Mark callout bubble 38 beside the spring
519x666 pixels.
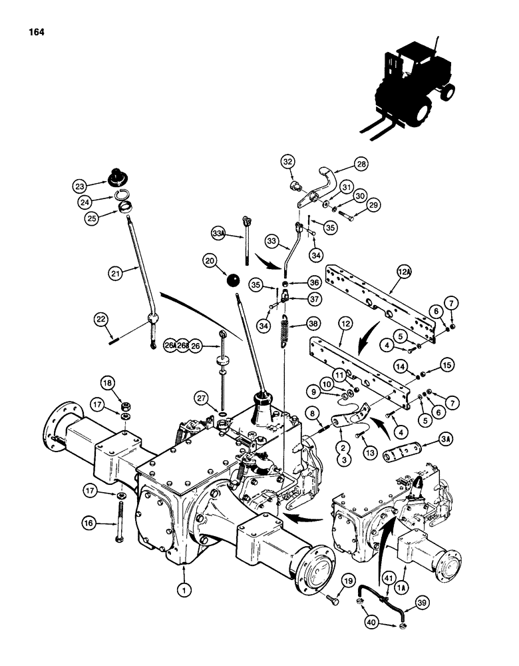tap(313, 324)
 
